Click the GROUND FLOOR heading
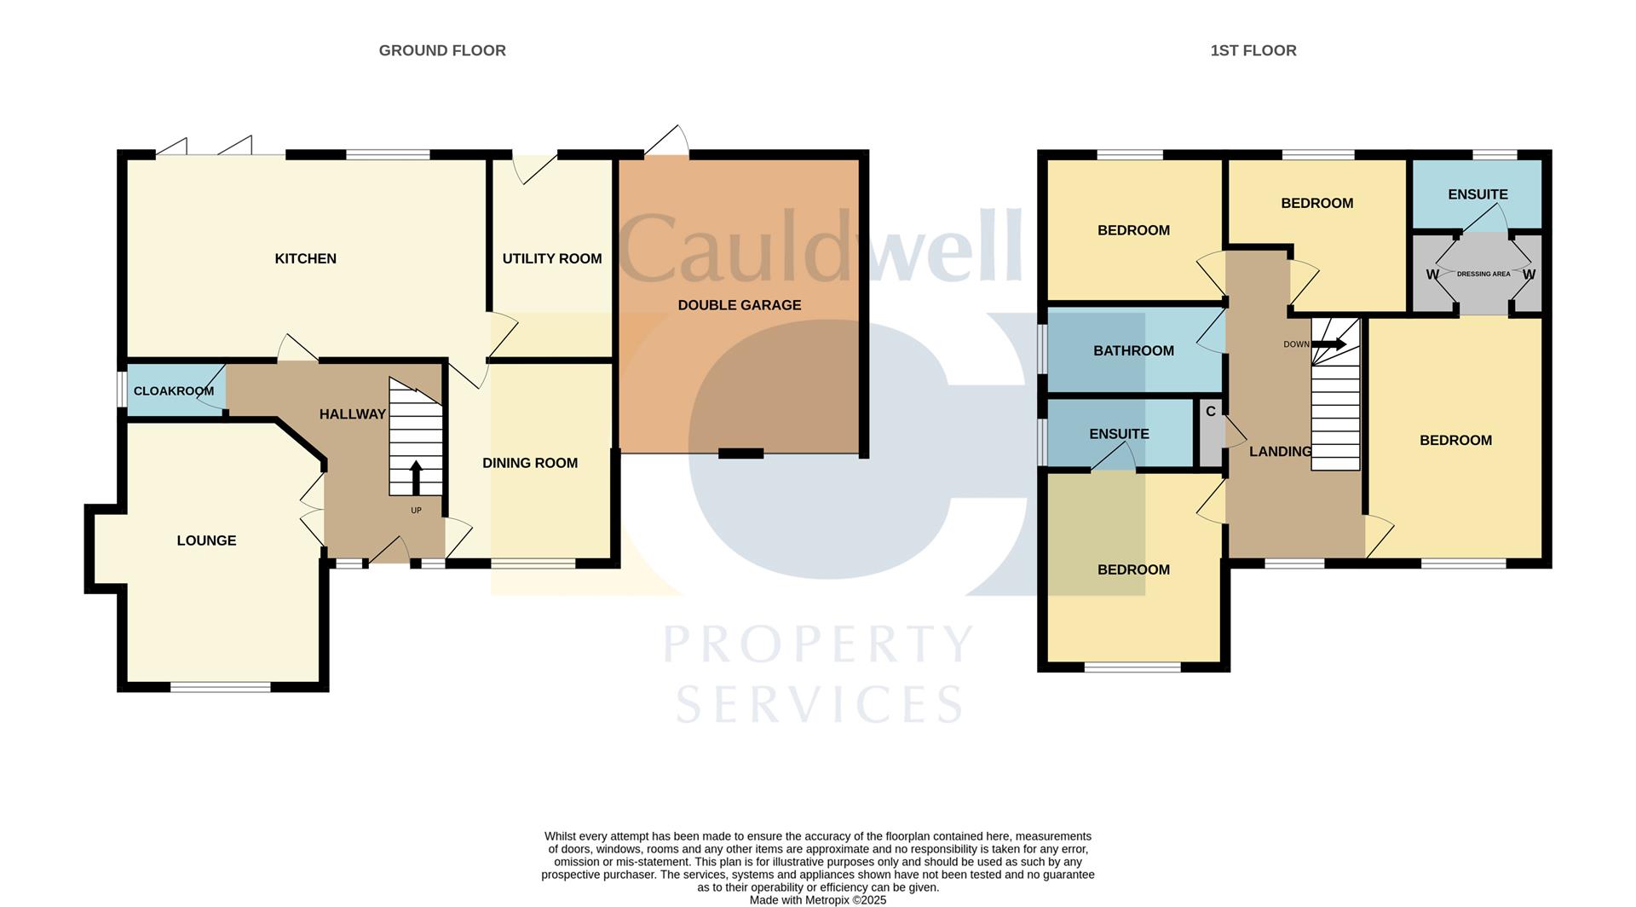[442, 51]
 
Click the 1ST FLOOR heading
[1253, 51]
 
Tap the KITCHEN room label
[305, 259]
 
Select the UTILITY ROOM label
[551, 259]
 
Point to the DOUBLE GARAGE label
[739, 305]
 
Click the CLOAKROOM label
[174, 391]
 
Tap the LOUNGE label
[206, 540]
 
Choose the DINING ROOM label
[530, 463]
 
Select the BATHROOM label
[1133, 351]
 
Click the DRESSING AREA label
[1483, 274]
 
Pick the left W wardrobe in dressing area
[1431, 274]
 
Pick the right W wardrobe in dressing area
[1529, 274]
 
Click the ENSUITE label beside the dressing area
[1478, 194]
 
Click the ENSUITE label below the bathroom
[1119, 434]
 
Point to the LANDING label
[1280, 452]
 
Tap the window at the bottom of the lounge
[221, 687]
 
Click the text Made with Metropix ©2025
[818, 900]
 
